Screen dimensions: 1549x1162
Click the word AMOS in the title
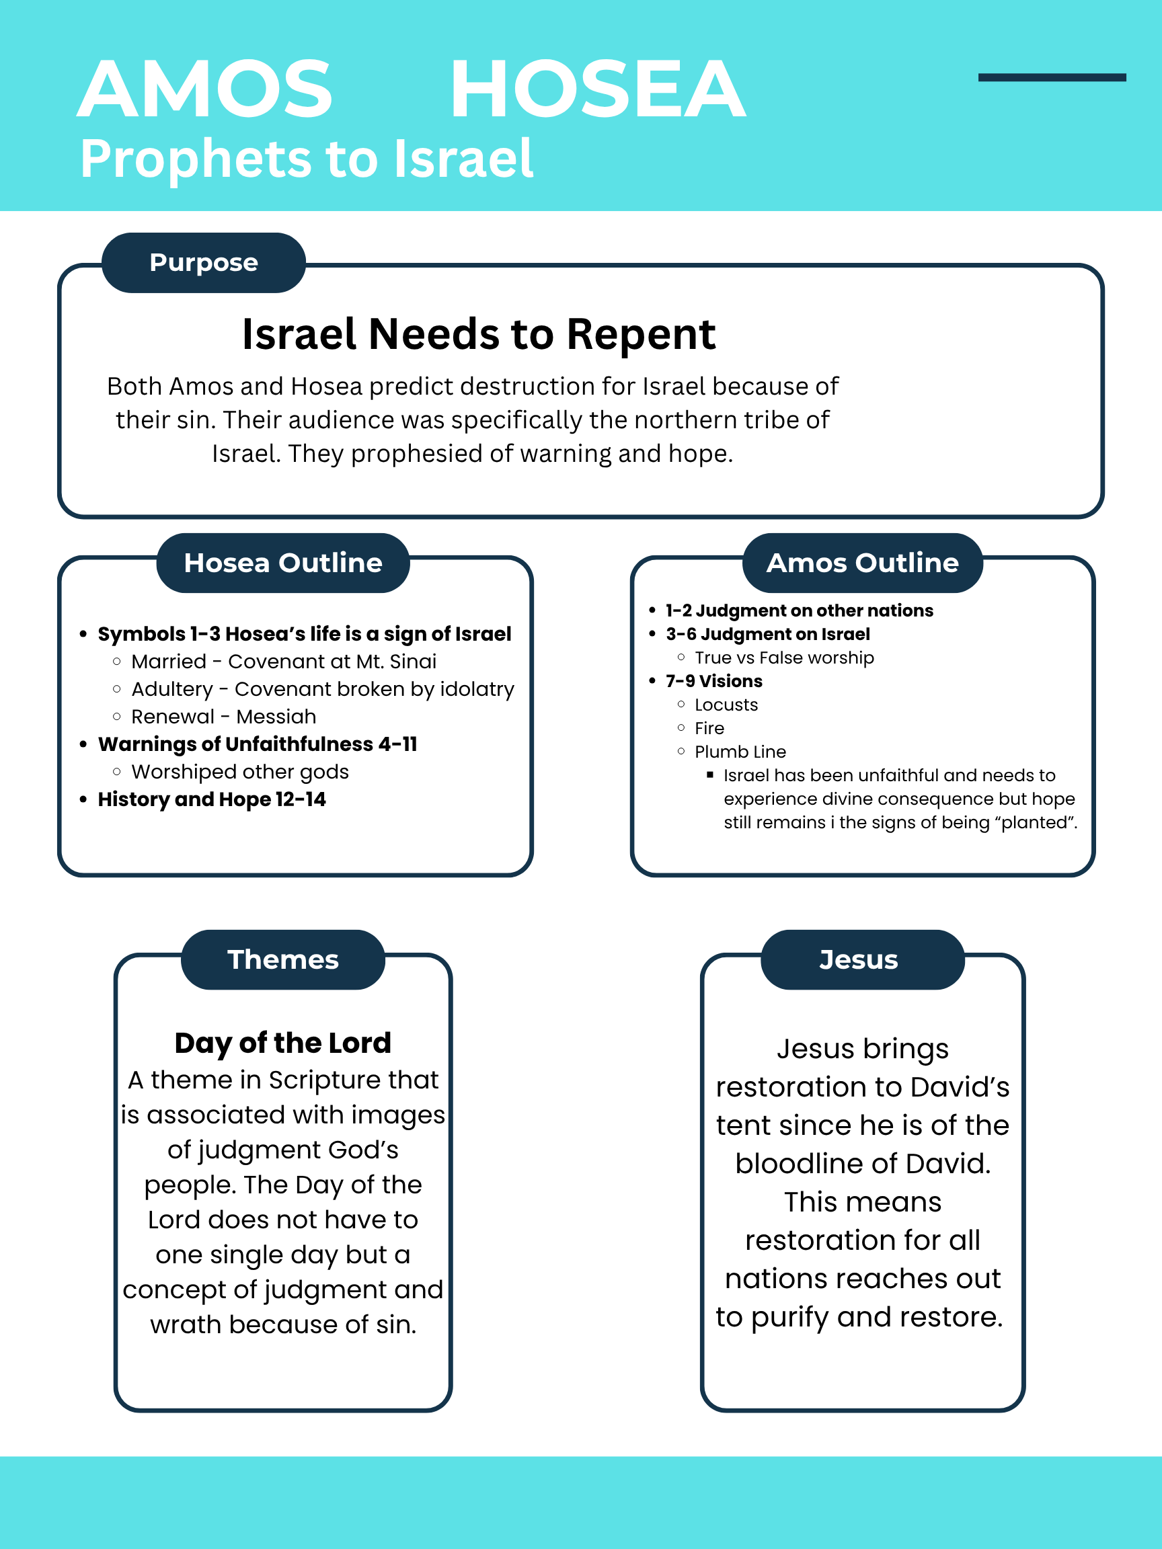tap(204, 89)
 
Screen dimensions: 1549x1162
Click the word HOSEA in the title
tap(597, 89)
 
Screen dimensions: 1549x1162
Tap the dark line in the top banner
tap(1051, 78)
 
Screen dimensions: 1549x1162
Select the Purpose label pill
tap(204, 263)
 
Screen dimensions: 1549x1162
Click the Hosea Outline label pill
tap(283, 563)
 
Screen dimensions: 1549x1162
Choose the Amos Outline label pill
tap(862, 563)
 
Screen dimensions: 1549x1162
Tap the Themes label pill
tap(283, 959)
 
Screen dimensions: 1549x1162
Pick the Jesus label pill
tap(859, 959)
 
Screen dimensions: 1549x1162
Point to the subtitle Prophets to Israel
tap(307, 159)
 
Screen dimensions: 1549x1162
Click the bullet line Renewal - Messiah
tap(223, 717)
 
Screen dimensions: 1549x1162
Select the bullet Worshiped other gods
tap(239, 772)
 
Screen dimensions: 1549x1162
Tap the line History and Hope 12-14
tap(212, 799)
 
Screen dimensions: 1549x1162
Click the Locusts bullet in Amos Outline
tap(726, 705)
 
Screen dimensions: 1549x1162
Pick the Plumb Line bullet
tap(740, 752)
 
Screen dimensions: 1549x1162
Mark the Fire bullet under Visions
tap(709, 728)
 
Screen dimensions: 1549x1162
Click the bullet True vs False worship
tap(784, 658)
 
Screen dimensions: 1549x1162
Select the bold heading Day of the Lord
tap(283, 1043)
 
